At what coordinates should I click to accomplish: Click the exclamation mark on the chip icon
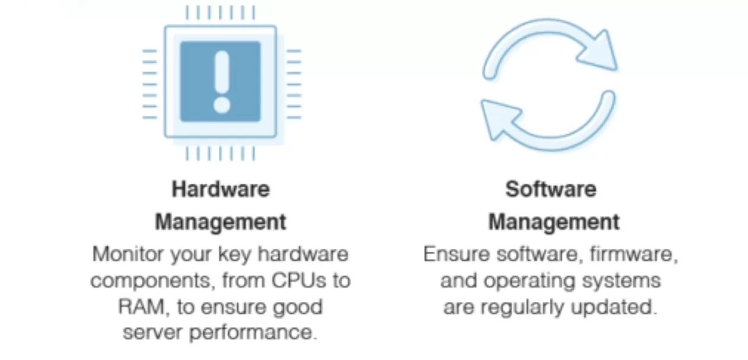[221, 82]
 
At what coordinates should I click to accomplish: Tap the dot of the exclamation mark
[222, 105]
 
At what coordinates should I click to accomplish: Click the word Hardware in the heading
[221, 189]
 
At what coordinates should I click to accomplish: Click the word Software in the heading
[551, 189]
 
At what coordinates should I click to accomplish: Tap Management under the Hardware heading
[221, 222]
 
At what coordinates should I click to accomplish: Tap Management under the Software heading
[554, 222]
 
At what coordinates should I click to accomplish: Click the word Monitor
[127, 254]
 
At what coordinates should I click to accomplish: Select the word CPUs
[299, 280]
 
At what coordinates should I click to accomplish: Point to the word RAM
[141, 307]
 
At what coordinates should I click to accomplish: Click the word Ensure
[456, 254]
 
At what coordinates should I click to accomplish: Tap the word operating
[530, 281]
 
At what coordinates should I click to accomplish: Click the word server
[153, 333]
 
